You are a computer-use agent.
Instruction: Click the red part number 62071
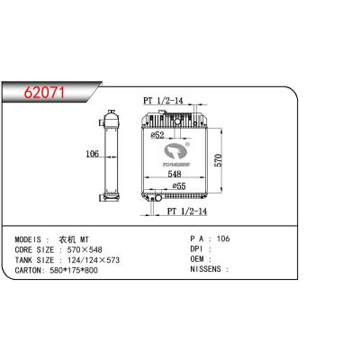tap(44, 93)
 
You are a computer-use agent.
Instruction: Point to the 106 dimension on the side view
tap(92, 154)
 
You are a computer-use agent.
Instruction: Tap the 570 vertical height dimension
tap(219, 160)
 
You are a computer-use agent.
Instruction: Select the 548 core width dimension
tap(175, 174)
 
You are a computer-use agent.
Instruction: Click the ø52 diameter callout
tap(157, 135)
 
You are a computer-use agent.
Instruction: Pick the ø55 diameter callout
tap(179, 186)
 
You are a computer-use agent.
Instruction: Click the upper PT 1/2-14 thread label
tap(163, 101)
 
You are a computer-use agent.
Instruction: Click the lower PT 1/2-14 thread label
tap(187, 211)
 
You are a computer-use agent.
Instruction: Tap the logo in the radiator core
tap(177, 155)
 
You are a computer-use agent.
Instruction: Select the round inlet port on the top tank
tap(177, 121)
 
